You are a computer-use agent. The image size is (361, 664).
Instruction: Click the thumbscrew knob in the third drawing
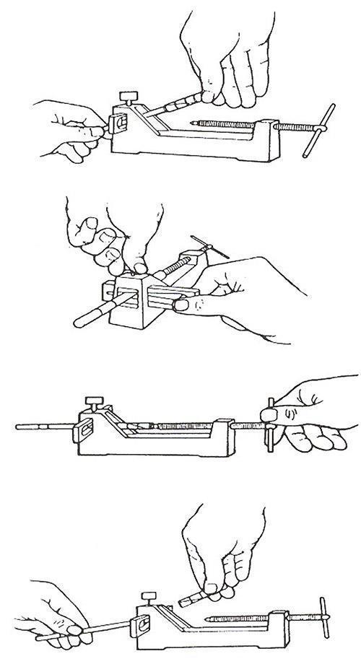coord(92,398)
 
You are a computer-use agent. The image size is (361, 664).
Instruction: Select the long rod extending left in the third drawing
coord(43,426)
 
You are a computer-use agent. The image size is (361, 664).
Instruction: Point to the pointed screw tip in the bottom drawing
coord(207,619)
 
